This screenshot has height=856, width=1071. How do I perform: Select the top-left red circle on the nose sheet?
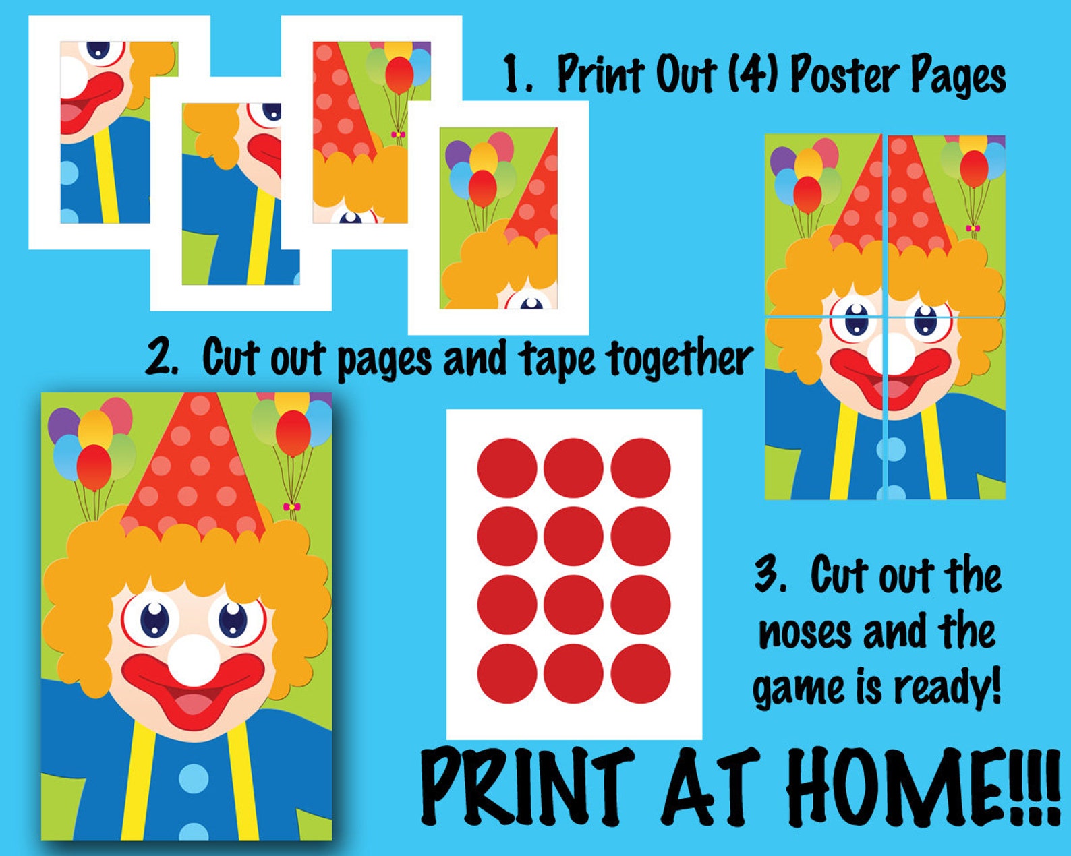coord(507,468)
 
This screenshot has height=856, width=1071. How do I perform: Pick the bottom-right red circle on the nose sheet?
coord(641,673)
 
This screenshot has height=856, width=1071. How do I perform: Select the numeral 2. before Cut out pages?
coord(162,357)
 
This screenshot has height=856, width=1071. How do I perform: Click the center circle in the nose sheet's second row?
coord(573,537)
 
